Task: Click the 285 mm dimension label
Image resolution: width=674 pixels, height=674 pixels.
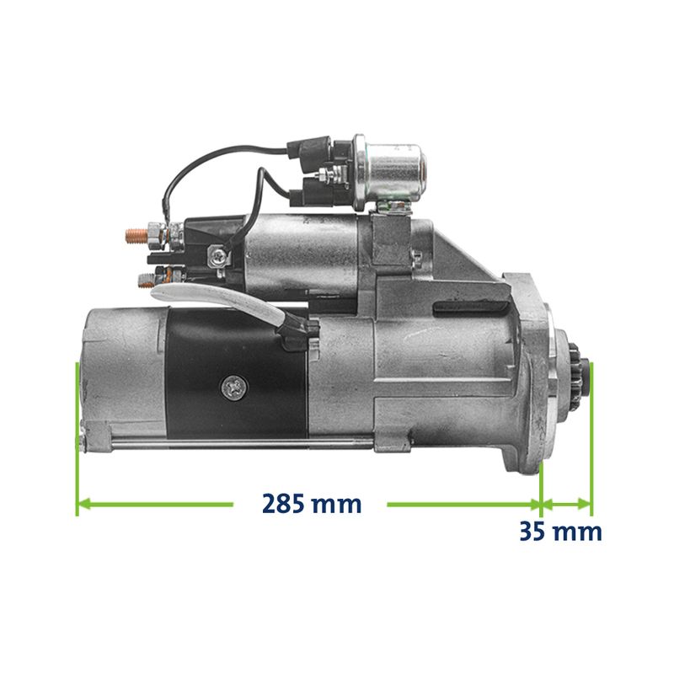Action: coord(312,504)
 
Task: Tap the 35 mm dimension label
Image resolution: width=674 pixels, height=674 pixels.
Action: coord(560,532)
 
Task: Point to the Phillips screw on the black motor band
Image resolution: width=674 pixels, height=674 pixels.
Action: coord(234,387)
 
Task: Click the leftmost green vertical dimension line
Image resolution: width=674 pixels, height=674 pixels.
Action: coord(77,438)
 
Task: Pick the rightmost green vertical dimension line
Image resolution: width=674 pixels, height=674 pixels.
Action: coord(591,439)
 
